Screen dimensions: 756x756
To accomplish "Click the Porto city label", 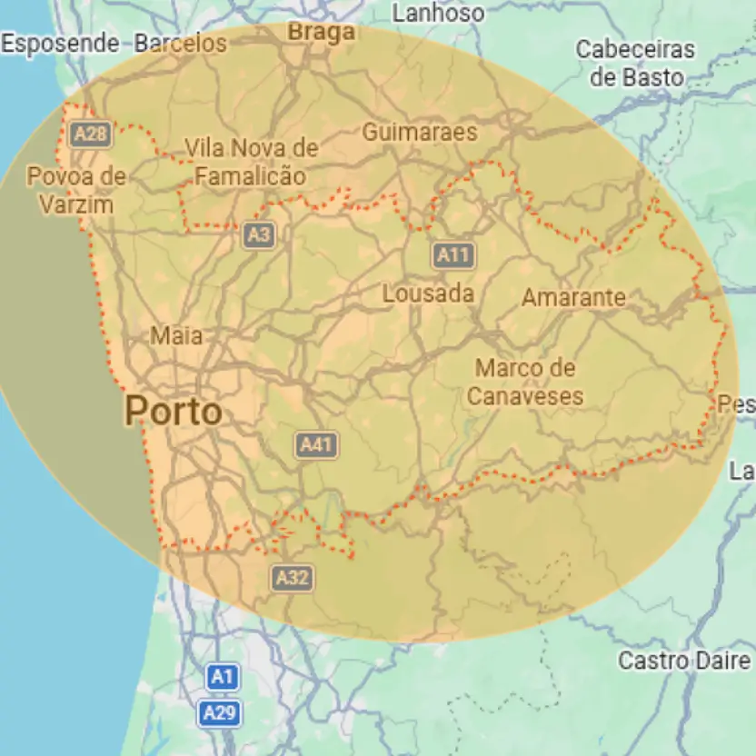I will pyautogui.click(x=173, y=412).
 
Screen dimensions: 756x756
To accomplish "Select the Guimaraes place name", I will pyautogui.click(x=419, y=133).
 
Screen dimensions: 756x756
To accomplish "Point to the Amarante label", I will pyautogui.click(x=573, y=297).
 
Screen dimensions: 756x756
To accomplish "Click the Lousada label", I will pyautogui.click(x=428, y=293).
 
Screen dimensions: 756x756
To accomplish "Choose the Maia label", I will pyautogui.click(x=176, y=336).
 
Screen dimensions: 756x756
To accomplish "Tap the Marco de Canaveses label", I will pyautogui.click(x=525, y=383).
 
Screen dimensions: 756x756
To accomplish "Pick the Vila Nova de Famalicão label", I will pyautogui.click(x=251, y=162).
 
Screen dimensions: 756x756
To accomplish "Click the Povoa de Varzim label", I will pyautogui.click(x=76, y=190).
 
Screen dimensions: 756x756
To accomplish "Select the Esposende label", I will pyautogui.click(x=60, y=43).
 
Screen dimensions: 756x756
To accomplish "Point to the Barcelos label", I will pyautogui.click(x=180, y=43).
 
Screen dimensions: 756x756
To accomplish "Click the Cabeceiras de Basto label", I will pyautogui.click(x=635, y=64).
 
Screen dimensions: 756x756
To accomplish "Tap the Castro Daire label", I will pyautogui.click(x=685, y=661).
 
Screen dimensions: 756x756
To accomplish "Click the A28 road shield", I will pyautogui.click(x=91, y=135).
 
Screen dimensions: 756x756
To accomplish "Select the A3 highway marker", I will pyautogui.click(x=259, y=236).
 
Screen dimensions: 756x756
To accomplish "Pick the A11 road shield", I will pyautogui.click(x=453, y=255).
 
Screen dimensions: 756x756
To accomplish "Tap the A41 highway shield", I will pyautogui.click(x=316, y=444).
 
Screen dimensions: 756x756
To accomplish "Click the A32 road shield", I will pyautogui.click(x=292, y=577).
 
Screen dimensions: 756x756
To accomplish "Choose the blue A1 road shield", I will pyautogui.click(x=223, y=677).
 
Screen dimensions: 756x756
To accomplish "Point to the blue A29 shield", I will pyautogui.click(x=220, y=713).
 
